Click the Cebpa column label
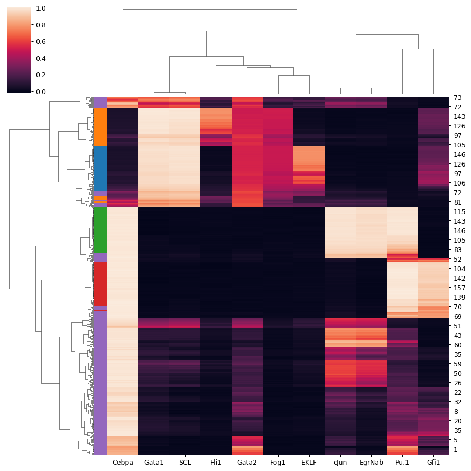123,463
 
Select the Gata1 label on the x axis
154,463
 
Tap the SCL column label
185,463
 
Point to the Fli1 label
216,463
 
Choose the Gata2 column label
247,463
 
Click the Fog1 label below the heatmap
278,463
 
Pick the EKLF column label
309,463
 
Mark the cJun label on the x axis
340,463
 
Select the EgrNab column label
372,463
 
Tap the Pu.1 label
402,463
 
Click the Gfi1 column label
433,463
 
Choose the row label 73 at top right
458,98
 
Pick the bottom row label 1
456,449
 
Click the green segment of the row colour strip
100,229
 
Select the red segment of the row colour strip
100,283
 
